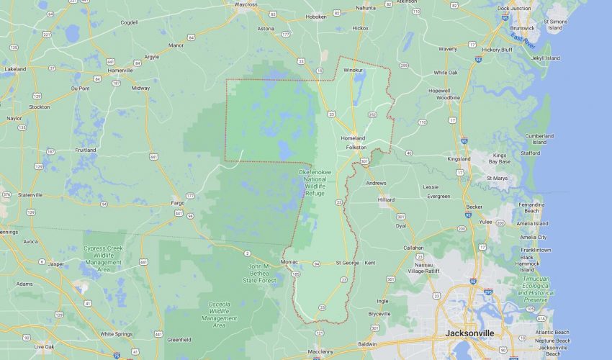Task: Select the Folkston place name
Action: (356, 147)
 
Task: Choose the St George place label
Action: (347, 263)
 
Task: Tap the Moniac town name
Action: (289, 262)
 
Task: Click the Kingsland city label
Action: (459, 158)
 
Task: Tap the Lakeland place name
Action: (15, 69)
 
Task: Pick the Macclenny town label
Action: (320, 351)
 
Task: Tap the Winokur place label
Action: (354, 71)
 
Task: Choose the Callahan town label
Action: (413, 247)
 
